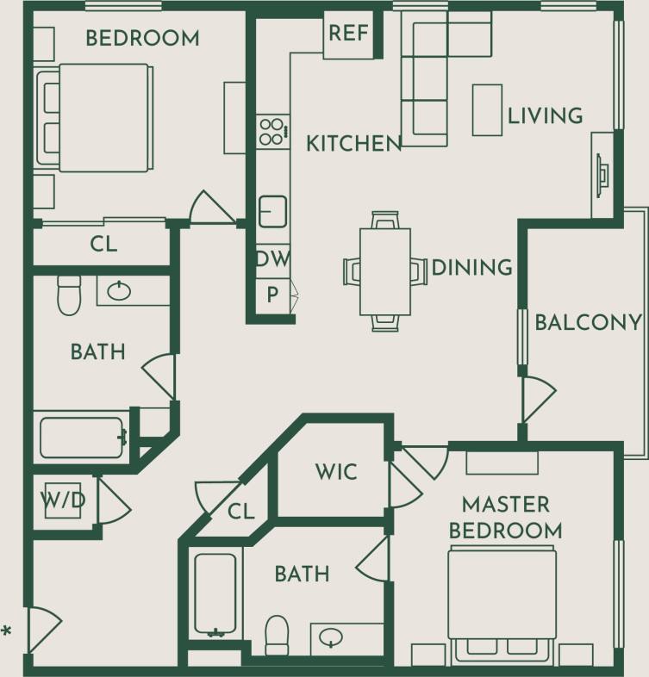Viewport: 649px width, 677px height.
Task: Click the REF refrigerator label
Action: coord(349,34)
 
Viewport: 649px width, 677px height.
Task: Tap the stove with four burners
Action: coord(272,132)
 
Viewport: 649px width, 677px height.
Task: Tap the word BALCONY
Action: coord(588,322)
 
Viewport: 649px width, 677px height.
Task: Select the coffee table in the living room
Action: coord(487,109)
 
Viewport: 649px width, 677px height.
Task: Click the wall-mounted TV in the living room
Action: coord(602,174)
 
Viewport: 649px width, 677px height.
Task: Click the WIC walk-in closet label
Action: coord(335,472)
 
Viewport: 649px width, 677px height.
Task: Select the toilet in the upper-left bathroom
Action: coord(68,294)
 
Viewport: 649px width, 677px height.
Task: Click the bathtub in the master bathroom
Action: coord(215,594)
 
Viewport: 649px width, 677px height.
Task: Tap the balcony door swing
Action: coord(537,399)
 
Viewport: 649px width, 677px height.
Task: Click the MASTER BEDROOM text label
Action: coord(505,517)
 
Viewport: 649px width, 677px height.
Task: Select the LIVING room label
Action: coord(545,115)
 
